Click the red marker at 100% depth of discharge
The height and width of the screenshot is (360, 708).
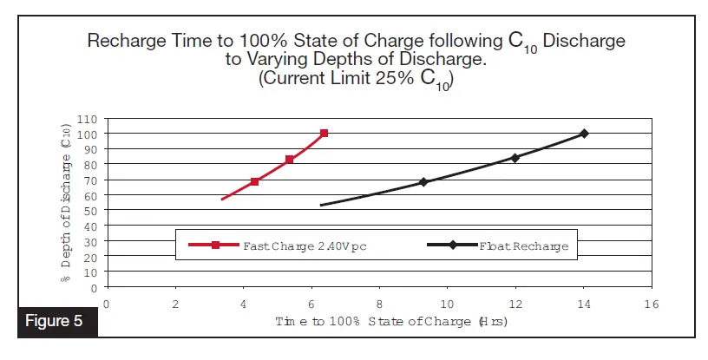pos(324,133)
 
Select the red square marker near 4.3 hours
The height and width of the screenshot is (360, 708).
pos(254,181)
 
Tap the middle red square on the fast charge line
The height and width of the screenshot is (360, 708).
pos(289,160)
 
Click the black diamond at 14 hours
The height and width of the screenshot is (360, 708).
pos(584,133)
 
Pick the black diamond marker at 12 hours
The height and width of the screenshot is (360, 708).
pos(515,158)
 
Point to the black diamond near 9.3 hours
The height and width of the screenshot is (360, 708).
pos(423,182)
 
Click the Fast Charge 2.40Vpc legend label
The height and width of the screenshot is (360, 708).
pos(305,245)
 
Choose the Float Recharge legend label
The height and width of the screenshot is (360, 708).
pos(523,245)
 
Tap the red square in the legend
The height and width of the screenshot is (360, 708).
pos(215,245)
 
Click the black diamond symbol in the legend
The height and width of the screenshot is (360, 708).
pos(453,245)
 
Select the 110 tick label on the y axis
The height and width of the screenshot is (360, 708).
pos(88,118)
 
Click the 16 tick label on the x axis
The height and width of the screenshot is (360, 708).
pos(651,304)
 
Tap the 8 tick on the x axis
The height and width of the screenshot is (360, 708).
pos(379,304)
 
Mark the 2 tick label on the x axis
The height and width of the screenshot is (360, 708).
pos(174,304)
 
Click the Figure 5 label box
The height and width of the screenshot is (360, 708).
pos(54,321)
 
